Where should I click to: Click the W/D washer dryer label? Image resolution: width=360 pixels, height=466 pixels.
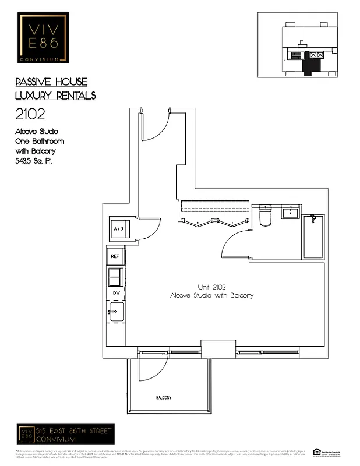[118, 229]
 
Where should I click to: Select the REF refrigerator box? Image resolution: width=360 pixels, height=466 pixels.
[115, 256]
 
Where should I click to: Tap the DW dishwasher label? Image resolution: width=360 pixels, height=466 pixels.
[116, 293]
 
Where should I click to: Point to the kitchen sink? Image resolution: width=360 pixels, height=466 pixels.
[116, 312]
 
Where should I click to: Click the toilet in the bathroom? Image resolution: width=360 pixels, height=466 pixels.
[265, 215]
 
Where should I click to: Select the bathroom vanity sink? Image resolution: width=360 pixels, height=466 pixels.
[290, 211]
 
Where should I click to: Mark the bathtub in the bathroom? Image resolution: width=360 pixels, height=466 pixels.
[313, 236]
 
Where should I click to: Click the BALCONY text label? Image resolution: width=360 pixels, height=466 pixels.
[163, 398]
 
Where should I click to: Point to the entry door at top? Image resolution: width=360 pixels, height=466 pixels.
[155, 125]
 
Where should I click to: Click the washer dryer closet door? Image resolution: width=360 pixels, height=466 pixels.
[149, 229]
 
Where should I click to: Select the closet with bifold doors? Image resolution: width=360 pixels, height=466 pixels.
[214, 213]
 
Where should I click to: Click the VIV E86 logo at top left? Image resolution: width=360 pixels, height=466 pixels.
[43, 38]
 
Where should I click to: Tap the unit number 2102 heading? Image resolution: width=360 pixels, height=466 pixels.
[30, 114]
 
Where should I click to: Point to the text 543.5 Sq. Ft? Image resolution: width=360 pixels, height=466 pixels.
[33, 160]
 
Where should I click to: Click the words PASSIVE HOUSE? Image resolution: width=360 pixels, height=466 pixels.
[51, 82]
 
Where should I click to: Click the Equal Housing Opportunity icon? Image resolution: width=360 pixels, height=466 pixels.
[317, 451]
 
